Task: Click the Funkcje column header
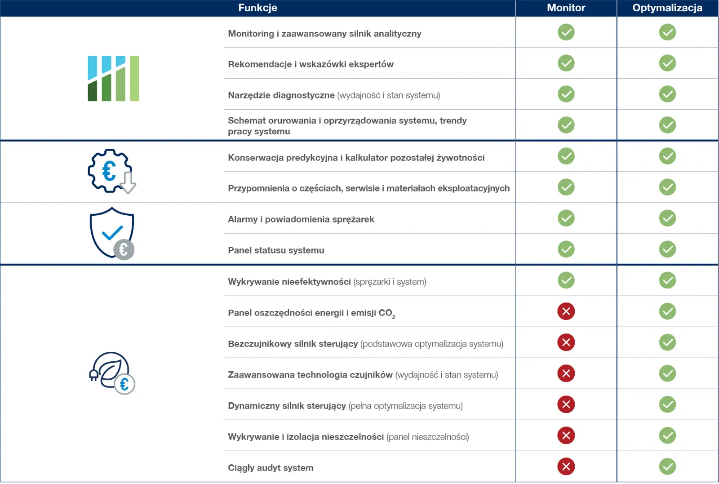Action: (258, 8)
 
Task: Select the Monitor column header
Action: (566, 8)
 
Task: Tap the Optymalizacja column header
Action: (667, 8)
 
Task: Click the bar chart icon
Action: (113, 79)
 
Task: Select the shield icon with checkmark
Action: (112, 233)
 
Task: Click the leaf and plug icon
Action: (112, 373)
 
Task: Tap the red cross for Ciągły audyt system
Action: (566, 466)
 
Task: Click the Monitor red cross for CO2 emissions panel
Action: (566, 311)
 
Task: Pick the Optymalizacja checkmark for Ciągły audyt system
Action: (667, 466)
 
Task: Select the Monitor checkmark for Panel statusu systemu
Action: (566, 249)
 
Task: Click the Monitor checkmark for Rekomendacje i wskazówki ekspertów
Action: (566, 63)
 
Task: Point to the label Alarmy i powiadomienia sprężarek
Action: (301, 220)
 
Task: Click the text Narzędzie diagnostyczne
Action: (281, 95)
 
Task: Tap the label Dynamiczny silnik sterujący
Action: (287, 406)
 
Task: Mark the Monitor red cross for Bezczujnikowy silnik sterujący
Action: (566, 342)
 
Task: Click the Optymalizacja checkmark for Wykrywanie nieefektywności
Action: (667, 280)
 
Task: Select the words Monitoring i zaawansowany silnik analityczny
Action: (324, 34)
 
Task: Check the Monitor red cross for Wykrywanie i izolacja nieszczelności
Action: (566, 435)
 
